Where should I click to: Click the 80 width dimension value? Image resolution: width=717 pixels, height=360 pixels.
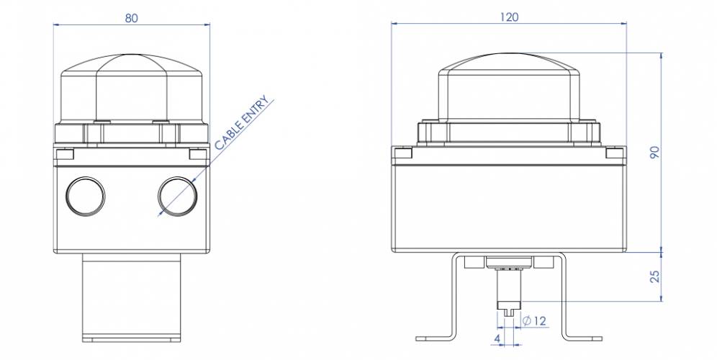pyautogui.click(x=132, y=18)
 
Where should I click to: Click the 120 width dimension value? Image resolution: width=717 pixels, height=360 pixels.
pyautogui.click(x=509, y=17)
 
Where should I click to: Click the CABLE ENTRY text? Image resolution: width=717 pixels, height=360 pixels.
pyautogui.click(x=244, y=123)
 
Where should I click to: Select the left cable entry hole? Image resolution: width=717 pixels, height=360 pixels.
pyautogui.click(x=85, y=194)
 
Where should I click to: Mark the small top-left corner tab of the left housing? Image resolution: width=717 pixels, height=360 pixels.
pyautogui.click(x=64, y=154)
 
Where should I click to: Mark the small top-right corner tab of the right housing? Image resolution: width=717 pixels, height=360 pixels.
pyautogui.click(x=615, y=153)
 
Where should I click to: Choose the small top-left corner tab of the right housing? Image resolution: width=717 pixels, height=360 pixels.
pyautogui.click(x=402, y=153)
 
